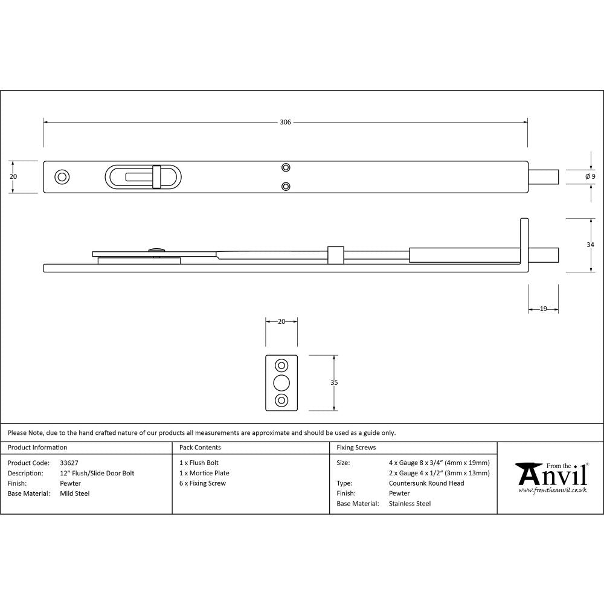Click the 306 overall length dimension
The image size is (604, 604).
click(x=285, y=122)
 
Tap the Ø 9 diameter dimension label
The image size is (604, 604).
click(x=590, y=176)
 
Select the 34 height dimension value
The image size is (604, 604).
click(x=590, y=245)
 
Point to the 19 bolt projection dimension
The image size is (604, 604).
click(x=543, y=309)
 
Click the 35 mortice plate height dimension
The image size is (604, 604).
click(x=335, y=382)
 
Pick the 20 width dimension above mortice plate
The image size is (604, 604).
click(x=281, y=322)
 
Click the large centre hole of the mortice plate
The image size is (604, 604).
click(x=281, y=382)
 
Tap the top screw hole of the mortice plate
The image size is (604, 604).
click(x=281, y=365)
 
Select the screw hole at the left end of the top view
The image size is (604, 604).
click(x=62, y=176)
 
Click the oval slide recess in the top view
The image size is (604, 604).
click(x=142, y=176)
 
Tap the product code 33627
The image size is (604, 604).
click(x=69, y=463)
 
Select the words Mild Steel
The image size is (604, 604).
click(x=75, y=493)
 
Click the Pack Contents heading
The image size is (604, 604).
click(x=200, y=448)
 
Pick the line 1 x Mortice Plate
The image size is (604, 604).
click(x=204, y=473)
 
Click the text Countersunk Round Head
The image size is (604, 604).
click(x=426, y=483)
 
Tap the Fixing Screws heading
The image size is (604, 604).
click(x=356, y=448)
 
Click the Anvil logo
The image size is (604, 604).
click(x=551, y=477)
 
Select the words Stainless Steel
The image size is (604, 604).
click(x=410, y=504)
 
